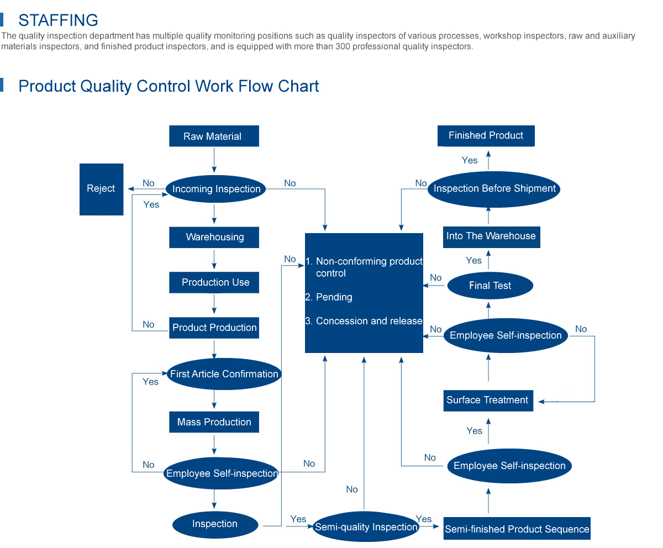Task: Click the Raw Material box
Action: [x=214, y=136]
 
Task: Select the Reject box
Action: [x=101, y=189]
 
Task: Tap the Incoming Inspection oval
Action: [x=216, y=189]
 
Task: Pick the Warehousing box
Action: [x=214, y=237]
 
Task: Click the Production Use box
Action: [x=215, y=282]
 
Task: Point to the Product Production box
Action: [x=214, y=328]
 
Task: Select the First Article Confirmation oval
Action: [x=224, y=374]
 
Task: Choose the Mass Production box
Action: [x=214, y=422]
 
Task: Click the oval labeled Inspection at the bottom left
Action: [x=215, y=524]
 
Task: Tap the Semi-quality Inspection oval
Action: [x=366, y=527]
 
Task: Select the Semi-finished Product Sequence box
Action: [x=517, y=529]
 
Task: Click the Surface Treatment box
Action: [x=488, y=400]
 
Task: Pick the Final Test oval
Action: [x=490, y=286]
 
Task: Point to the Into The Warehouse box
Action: [x=491, y=236]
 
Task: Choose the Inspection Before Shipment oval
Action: [x=494, y=189]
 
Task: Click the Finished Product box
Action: [x=486, y=135]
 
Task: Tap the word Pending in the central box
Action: [x=334, y=297]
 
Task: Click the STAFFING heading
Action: [x=58, y=20]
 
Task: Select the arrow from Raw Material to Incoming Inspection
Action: [x=214, y=161]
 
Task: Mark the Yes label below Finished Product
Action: [x=470, y=160]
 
